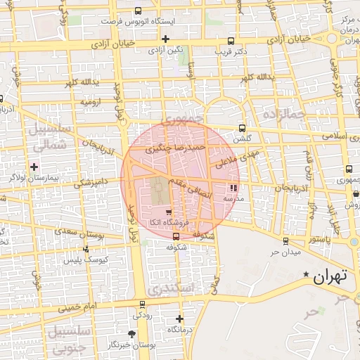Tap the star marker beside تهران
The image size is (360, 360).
click(x=306, y=274)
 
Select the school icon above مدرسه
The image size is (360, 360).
click(x=233, y=188)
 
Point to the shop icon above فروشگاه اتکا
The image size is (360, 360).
click(x=168, y=212)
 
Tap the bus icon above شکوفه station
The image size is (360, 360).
click(x=176, y=237)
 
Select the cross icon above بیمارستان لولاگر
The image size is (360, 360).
click(x=34, y=167)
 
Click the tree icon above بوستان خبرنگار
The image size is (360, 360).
click(x=131, y=333)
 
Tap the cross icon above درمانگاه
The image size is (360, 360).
click(x=179, y=319)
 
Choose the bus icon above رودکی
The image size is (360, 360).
click(x=143, y=304)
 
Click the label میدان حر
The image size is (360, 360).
click(x=286, y=252)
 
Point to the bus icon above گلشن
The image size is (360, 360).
click(x=243, y=128)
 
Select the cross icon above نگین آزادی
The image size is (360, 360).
click(x=165, y=39)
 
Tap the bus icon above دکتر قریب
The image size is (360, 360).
click(x=232, y=41)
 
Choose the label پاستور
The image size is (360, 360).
click(x=316, y=240)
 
